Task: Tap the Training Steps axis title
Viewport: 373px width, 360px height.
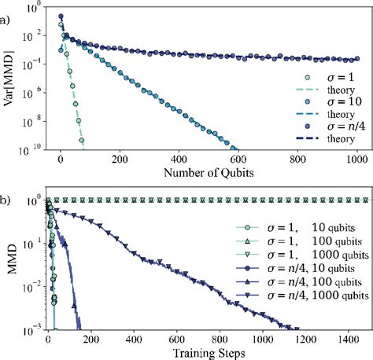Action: (x=205, y=353)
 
